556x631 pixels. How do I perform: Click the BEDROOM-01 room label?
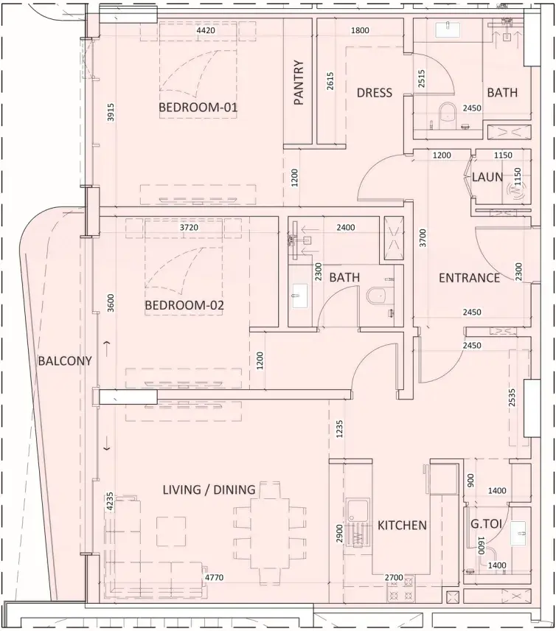(198, 108)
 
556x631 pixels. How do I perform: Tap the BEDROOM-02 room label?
(184, 305)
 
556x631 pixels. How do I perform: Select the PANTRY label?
(299, 83)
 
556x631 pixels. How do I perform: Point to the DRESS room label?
(375, 93)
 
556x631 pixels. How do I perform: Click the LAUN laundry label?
(487, 177)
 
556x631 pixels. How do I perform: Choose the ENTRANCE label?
(469, 278)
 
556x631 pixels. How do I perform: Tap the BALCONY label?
(65, 361)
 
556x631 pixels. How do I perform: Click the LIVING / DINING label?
(209, 489)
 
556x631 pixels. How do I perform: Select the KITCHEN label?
(402, 525)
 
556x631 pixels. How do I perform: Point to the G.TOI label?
(486, 524)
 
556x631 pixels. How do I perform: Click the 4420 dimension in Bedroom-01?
(206, 30)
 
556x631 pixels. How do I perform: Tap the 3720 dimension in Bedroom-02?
(189, 227)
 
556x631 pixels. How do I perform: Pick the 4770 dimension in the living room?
(214, 577)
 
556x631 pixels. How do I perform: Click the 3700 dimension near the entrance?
(423, 238)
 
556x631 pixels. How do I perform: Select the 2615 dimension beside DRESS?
(330, 80)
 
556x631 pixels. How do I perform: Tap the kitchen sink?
(358, 523)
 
